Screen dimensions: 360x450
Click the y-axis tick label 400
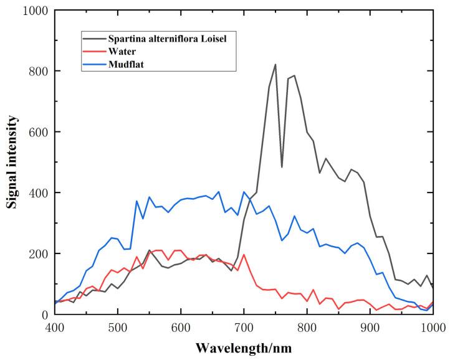click(x=37, y=193)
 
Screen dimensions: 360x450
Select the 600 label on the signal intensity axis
click(x=37, y=132)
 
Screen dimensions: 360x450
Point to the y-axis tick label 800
click(x=37, y=72)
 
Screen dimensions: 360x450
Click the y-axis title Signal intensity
click(x=12, y=163)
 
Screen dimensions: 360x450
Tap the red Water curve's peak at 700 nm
click(x=244, y=255)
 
